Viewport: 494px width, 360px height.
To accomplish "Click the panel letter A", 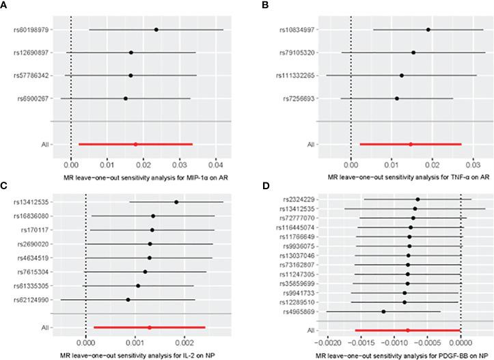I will click(5, 5).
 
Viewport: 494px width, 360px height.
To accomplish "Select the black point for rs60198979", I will click(156, 29).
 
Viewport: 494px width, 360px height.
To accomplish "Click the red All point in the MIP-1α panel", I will click(135, 144).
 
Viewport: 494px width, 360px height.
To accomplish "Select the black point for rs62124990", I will click(128, 299).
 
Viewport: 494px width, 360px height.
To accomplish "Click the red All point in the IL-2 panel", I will click(150, 328).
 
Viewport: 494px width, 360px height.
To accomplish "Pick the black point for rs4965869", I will click(384, 311).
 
